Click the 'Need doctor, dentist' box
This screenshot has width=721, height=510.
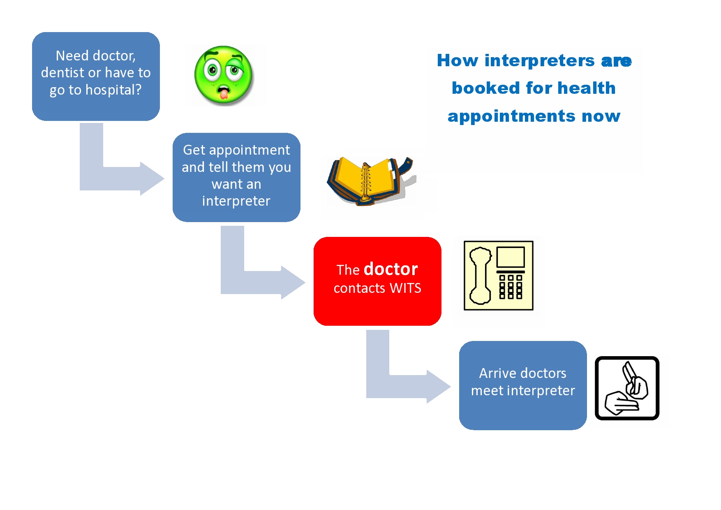[x=96, y=76]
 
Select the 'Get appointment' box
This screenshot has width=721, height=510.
[x=236, y=177]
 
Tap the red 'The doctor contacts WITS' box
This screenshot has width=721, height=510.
[x=377, y=281]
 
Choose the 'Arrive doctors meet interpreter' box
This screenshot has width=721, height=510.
[x=523, y=385]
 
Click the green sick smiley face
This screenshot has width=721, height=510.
[x=224, y=75]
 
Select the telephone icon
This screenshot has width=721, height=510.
[x=499, y=276]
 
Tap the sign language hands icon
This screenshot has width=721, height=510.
[x=627, y=388]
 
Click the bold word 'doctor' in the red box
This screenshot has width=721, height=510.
[x=391, y=269]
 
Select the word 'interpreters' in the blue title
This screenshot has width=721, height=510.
[x=539, y=61]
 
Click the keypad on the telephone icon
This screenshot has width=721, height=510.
[x=511, y=287]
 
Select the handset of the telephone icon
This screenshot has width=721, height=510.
[x=480, y=276]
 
